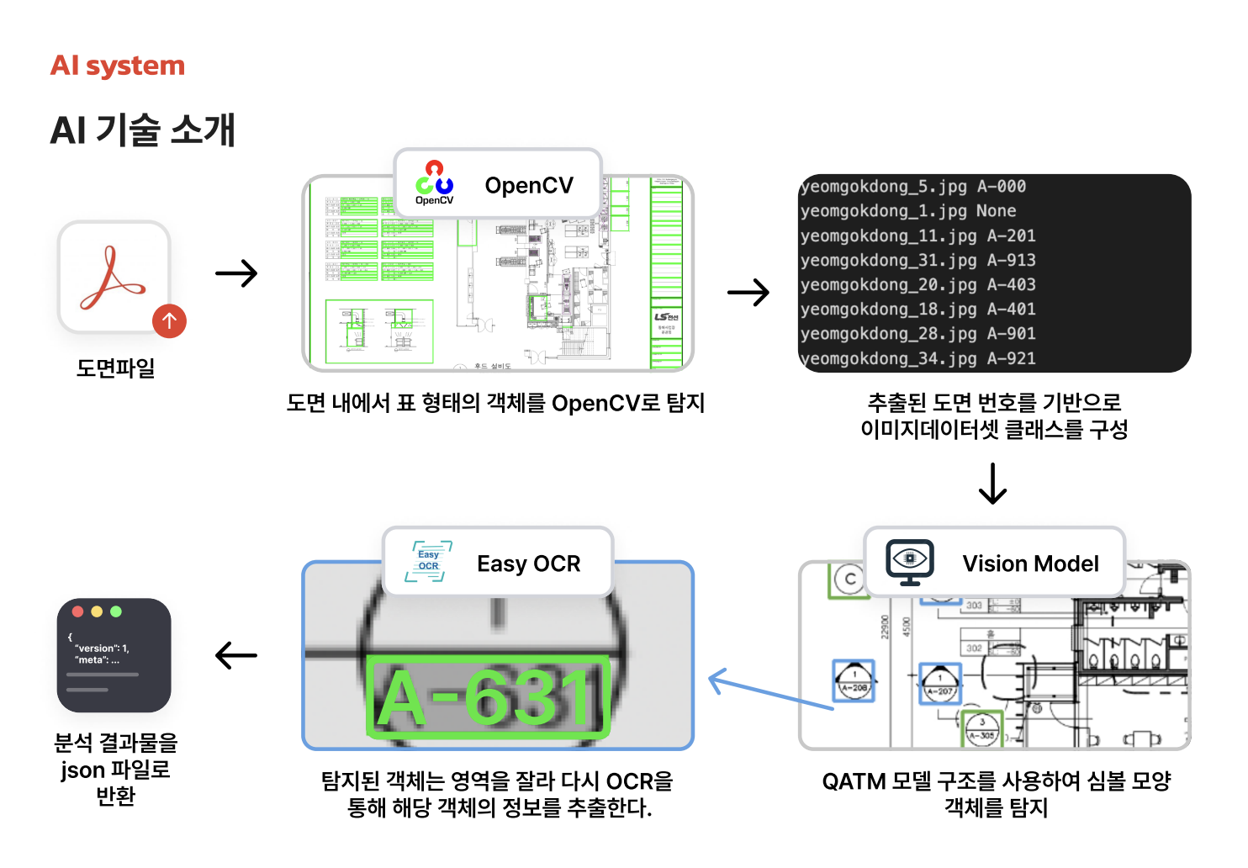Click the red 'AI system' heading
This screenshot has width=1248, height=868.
pos(118,66)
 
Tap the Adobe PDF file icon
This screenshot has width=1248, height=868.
pos(113,278)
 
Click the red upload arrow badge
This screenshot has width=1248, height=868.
pos(169,320)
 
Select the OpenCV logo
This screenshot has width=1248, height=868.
pos(434,183)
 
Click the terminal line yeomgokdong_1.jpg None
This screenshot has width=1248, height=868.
pos(908,211)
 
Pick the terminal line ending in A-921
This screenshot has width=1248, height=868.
pos(917,359)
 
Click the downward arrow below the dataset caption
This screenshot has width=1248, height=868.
pos(992,484)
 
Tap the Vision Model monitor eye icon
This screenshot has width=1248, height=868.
pos(910,562)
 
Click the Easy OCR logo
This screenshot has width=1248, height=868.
pos(429,562)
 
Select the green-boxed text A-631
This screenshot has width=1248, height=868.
pos(488,697)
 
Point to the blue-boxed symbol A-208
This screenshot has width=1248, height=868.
pos(854,680)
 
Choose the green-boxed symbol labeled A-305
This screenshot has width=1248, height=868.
pos(981,728)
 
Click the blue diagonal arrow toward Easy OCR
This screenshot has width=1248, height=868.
pos(769,691)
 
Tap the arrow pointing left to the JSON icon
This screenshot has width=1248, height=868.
pos(236,655)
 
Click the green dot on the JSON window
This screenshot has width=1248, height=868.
pos(116,611)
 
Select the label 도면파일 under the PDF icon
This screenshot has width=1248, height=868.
pos(115,368)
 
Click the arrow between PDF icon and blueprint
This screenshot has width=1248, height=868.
pos(236,273)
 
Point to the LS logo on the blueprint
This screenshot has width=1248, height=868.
pos(666,317)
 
